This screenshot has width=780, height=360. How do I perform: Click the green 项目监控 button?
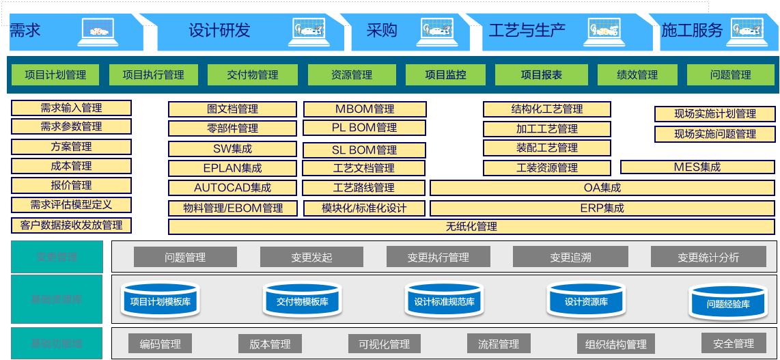click(x=445, y=74)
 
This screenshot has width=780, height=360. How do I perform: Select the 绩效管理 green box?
click(x=637, y=74)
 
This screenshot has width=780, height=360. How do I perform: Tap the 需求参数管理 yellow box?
click(x=71, y=126)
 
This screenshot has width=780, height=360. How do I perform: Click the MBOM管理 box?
click(x=365, y=109)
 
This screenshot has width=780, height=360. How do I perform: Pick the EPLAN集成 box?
click(x=232, y=168)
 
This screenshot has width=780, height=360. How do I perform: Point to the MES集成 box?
click(x=697, y=167)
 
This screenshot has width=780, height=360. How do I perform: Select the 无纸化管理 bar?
click(x=471, y=227)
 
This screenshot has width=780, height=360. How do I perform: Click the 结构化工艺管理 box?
click(x=547, y=109)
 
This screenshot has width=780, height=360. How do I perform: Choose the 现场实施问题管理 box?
click(x=715, y=134)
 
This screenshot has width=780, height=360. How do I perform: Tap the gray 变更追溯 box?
click(x=570, y=257)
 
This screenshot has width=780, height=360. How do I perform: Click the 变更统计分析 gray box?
click(x=708, y=257)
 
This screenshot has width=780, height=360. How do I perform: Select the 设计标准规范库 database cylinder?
click(x=444, y=301)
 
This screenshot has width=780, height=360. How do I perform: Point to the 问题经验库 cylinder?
click(x=728, y=303)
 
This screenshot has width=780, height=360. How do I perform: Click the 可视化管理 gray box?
click(x=385, y=344)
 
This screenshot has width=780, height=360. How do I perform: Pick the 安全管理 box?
click(x=734, y=343)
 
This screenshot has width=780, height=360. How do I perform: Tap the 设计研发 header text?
click(x=219, y=30)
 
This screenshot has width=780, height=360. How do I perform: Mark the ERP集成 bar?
click(x=602, y=208)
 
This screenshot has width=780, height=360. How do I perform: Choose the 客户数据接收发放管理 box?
click(x=71, y=225)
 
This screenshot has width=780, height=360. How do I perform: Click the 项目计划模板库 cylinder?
click(x=160, y=301)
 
